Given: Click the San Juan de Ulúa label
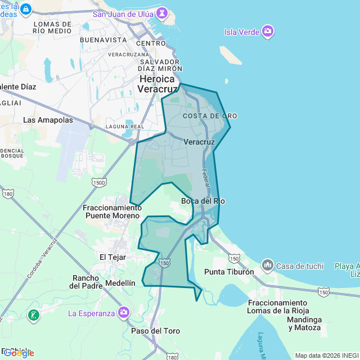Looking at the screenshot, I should click(x=124, y=14).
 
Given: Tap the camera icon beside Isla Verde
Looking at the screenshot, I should click(x=268, y=31).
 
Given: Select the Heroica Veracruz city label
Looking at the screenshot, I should click(x=159, y=84).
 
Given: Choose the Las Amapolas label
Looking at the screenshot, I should click(x=48, y=120).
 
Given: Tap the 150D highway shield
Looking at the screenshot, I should click(x=99, y=182).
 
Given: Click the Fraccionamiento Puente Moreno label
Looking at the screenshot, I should click(x=111, y=211).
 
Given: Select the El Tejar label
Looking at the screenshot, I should click(x=113, y=256).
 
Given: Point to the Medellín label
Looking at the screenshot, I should click(x=120, y=283).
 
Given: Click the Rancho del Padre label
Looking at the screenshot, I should click(x=86, y=282).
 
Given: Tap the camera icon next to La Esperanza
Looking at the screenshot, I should click(x=123, y=313).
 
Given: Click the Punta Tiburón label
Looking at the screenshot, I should click(x=229, y=272).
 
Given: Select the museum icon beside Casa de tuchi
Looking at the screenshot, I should click(x=267, y=264).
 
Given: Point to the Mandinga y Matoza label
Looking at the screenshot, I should click(x=304, y=323).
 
